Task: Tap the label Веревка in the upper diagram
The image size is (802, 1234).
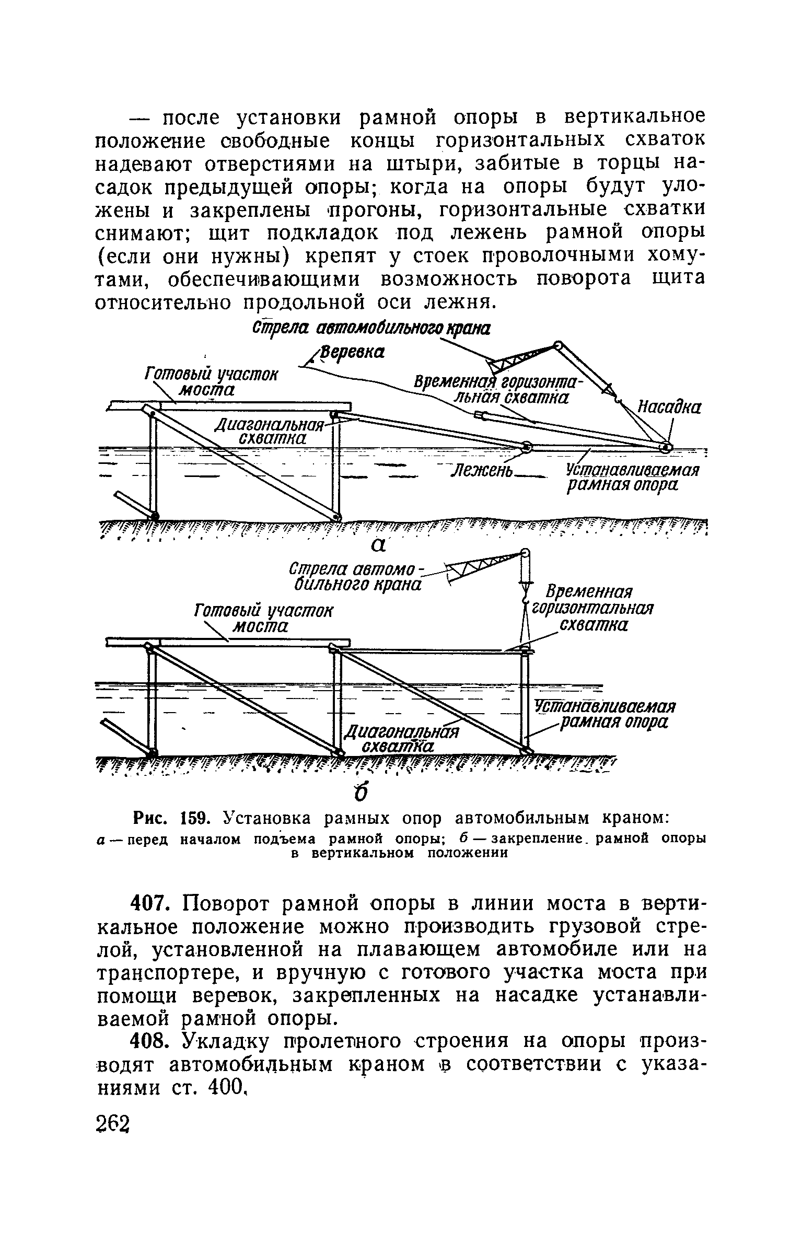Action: point(352,352)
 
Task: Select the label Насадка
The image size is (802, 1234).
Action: point(669,407)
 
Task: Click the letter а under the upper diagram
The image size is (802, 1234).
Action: point(378,544)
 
